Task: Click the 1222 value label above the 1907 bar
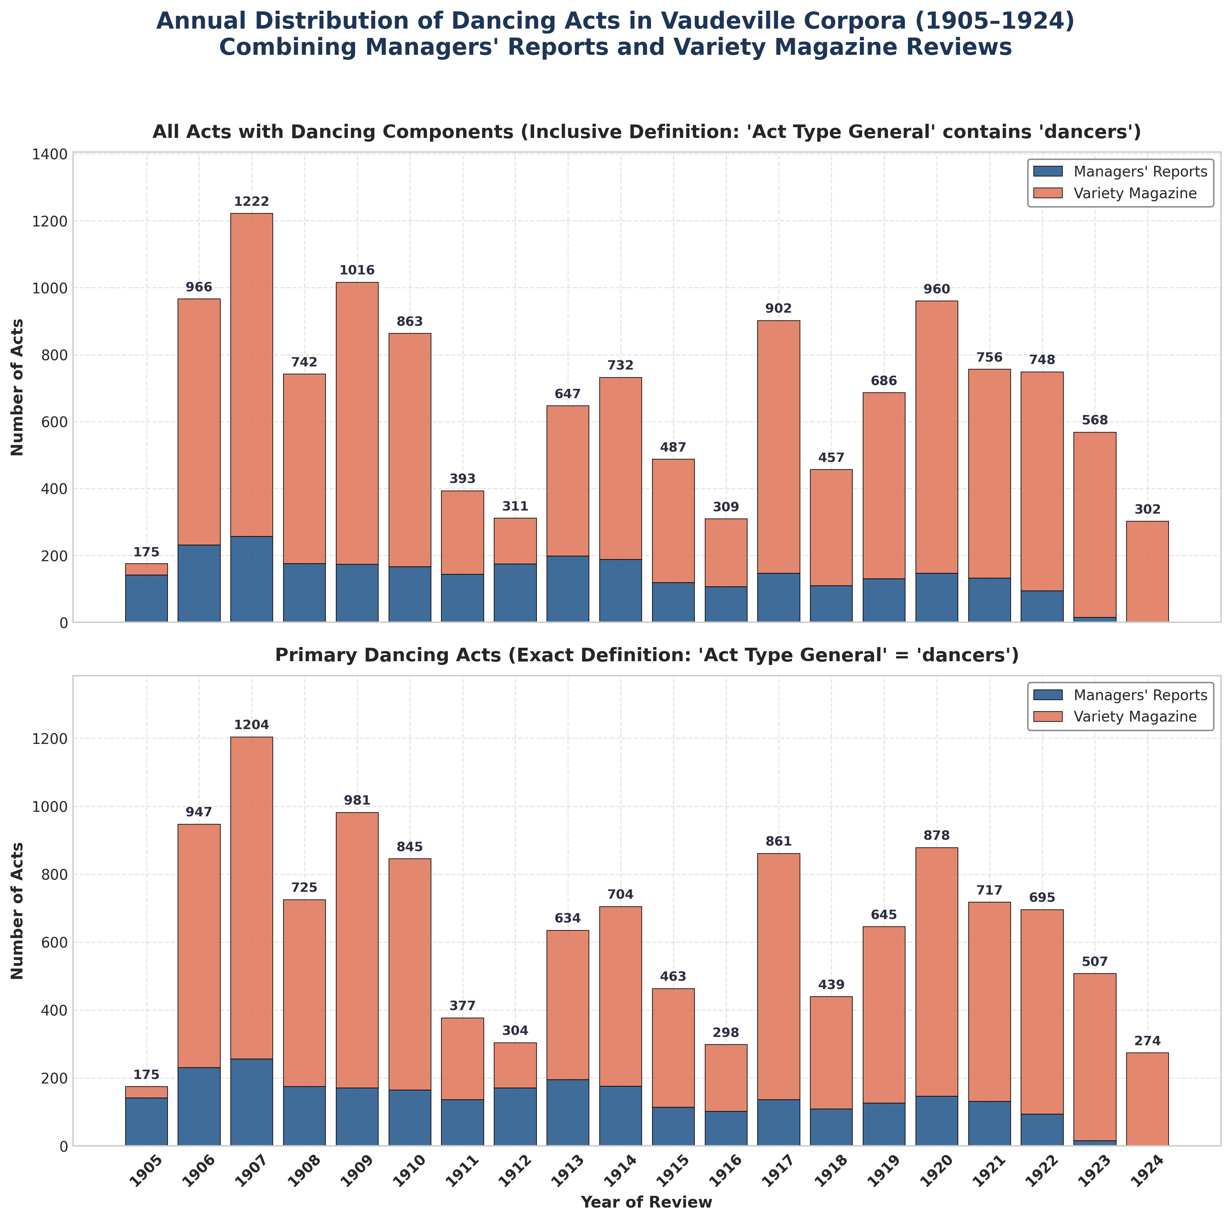coord(252,202)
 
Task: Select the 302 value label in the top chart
coord(1148,509)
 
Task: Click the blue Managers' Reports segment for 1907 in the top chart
coord(252,579)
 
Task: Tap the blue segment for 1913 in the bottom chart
coord(568,1113)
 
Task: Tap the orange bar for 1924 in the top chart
coord(1148,571)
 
